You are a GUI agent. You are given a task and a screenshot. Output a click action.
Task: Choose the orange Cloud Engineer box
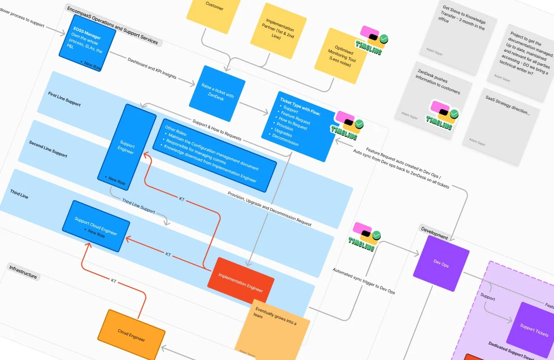[x=131, y=334]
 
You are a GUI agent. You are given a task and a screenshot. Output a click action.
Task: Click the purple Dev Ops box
[x=441, y=264]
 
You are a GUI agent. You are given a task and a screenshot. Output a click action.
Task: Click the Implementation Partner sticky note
[x=279, y=28]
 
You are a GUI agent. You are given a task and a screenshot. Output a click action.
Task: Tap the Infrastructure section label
[x=23, y=272]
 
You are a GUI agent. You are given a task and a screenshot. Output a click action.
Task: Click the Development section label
[x=434, y=234]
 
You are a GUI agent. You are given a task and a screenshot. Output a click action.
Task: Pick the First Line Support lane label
[x=64, y=99]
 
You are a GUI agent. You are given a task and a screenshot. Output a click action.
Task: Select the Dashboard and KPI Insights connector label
[x=152, y=68]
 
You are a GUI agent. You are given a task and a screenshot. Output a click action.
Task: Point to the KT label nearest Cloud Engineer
[x=113, y=281]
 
